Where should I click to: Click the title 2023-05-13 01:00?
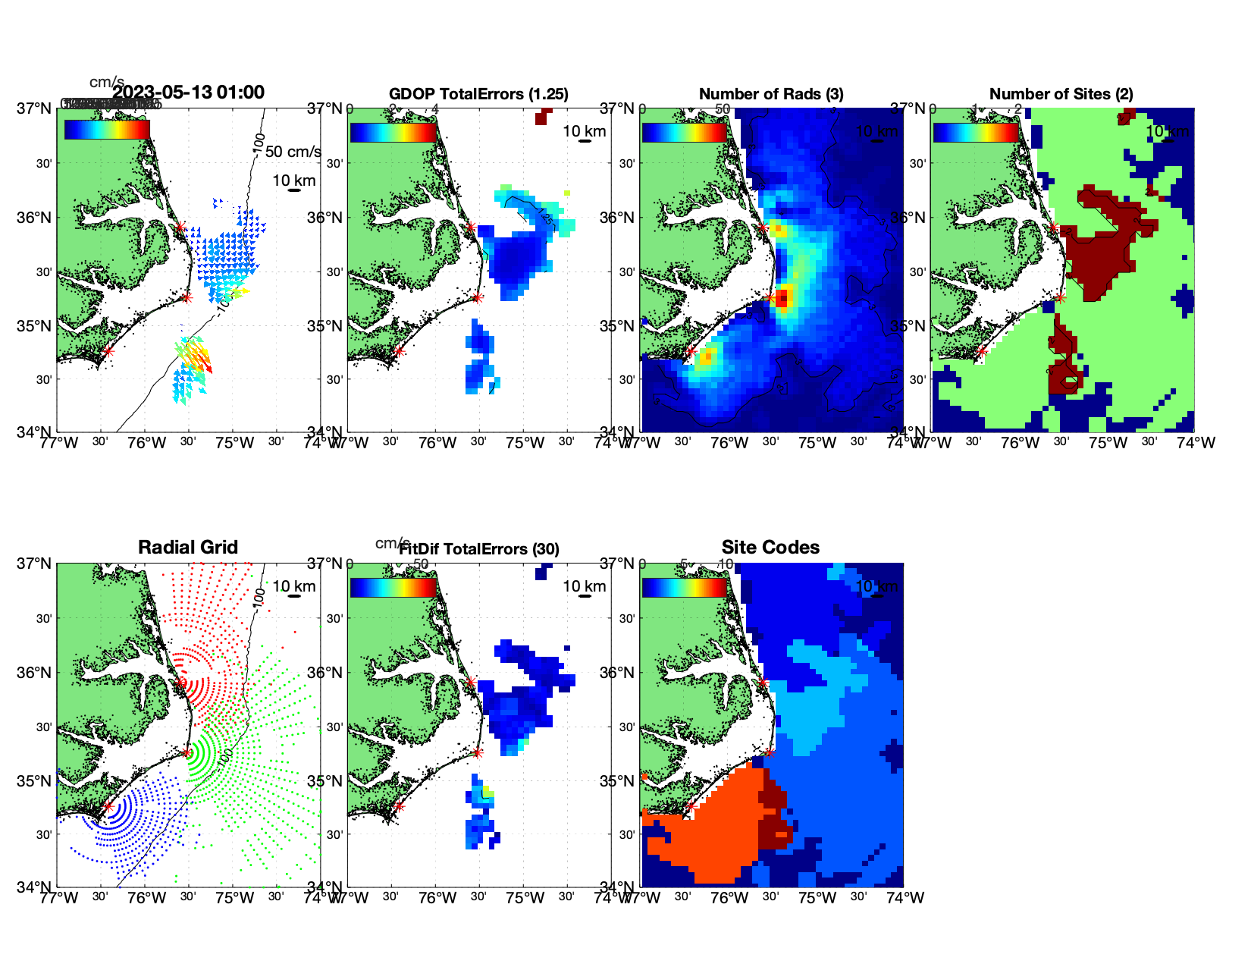tap(189, 93)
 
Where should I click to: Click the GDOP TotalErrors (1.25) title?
tap(478, 94)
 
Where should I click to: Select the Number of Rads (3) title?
tap(771, 94)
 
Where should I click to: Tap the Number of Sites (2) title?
tap(1061, 94)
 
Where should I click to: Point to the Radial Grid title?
tap(188, 548)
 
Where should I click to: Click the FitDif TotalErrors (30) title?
tap(479, 549)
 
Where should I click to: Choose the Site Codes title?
tap(770, 548)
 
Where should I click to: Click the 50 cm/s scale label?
tap(293, 152)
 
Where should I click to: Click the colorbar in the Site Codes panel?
tap(685, 588)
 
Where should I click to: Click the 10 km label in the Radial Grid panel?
tap(294, 586)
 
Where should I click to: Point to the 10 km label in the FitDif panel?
tap(585, 586)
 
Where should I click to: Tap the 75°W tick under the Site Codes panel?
tap(817, 898)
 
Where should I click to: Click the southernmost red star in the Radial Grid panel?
tap(108, 806)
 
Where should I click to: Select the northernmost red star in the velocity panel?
tap(180, 227)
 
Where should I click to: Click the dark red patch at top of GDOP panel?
tap(541, 118)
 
